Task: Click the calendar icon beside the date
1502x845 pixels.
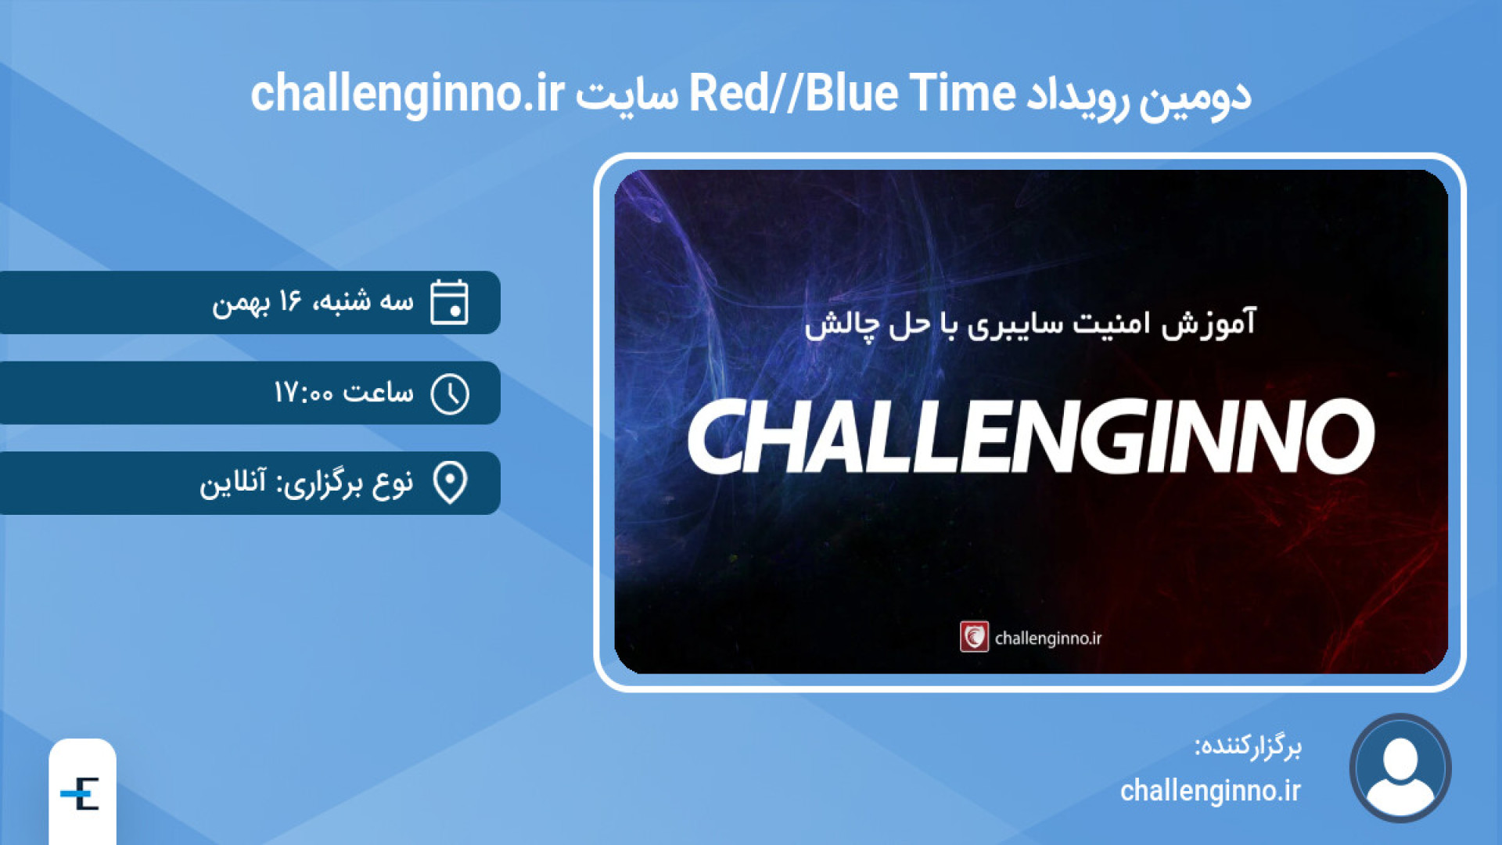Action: pyautogui.click(x=449, y=302)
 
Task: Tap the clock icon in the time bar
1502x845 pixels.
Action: pyautogui.click(x=450, y=394)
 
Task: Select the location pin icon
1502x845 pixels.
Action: pyautogui.click(x=450, y=483)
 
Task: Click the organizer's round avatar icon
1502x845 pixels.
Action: pyautogui.click(x=1400, y=768)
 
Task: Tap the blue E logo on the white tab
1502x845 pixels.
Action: pyautogui.click(x=80, y=794)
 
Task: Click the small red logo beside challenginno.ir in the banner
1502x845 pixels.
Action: pyautogui.click(x=974, y=637)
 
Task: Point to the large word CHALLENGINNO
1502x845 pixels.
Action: pyautogui.click(x=1030, y=436)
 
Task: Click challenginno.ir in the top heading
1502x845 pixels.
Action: pyautogui.click(x=407, y=95)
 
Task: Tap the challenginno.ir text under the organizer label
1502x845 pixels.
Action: pyautogui.click(x=1210, y=791)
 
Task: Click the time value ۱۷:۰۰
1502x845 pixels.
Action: pyautogui.click(x=304, y=392)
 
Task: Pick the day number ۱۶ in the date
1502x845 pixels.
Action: pyautogui.click(x=289, y=300)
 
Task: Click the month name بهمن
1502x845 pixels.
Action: pyautogui.click(x=241, y=304)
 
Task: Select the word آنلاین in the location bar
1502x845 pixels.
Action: pyautogui.click(x=232, y=482)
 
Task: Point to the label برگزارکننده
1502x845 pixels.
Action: pyautogui.click(x=1248, y=746)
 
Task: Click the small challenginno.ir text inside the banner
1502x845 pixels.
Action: pyautogui.click(x=1048, y=638)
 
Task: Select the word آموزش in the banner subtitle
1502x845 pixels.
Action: pyautogui.click(x=1208, y=324)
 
